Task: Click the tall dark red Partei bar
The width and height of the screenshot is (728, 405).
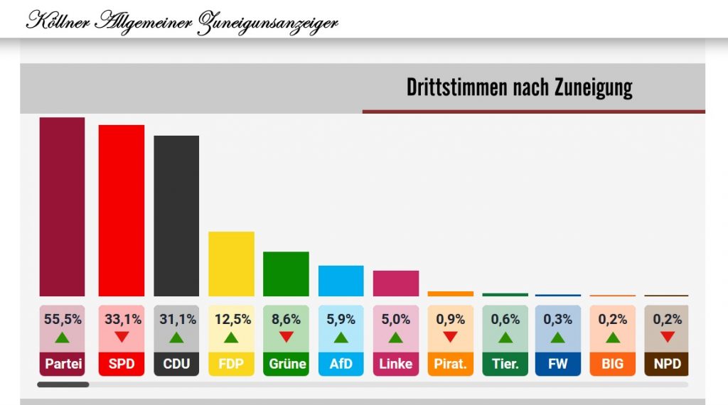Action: (62, 206)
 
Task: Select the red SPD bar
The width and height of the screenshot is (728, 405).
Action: (121, 210)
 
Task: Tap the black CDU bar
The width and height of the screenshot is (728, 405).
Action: (176, 215)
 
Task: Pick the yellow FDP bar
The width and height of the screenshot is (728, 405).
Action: (231, 264)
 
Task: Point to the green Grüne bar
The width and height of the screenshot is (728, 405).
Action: (286, 274)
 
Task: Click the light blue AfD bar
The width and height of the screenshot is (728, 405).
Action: (341, 281)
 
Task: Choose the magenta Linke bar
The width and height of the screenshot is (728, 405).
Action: (395, 283)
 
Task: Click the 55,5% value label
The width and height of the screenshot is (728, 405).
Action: (62, 320)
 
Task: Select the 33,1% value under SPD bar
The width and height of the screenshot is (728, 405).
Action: (121, 320)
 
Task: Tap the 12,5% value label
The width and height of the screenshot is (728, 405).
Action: (231, 320)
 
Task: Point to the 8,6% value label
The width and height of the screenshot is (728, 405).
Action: (286, 320)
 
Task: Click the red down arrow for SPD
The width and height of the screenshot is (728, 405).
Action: (121, 337)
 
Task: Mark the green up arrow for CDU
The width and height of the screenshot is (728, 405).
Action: (176, 337)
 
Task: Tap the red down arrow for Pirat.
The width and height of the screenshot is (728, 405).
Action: (450, 337)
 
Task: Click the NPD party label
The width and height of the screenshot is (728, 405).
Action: (667, 364)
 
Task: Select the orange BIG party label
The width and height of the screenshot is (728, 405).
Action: (612, 364)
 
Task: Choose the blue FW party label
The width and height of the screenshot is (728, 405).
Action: (557, 364)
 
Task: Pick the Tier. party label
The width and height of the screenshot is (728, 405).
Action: (505, 364)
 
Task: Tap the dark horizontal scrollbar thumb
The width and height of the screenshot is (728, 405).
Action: (63, 384)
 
